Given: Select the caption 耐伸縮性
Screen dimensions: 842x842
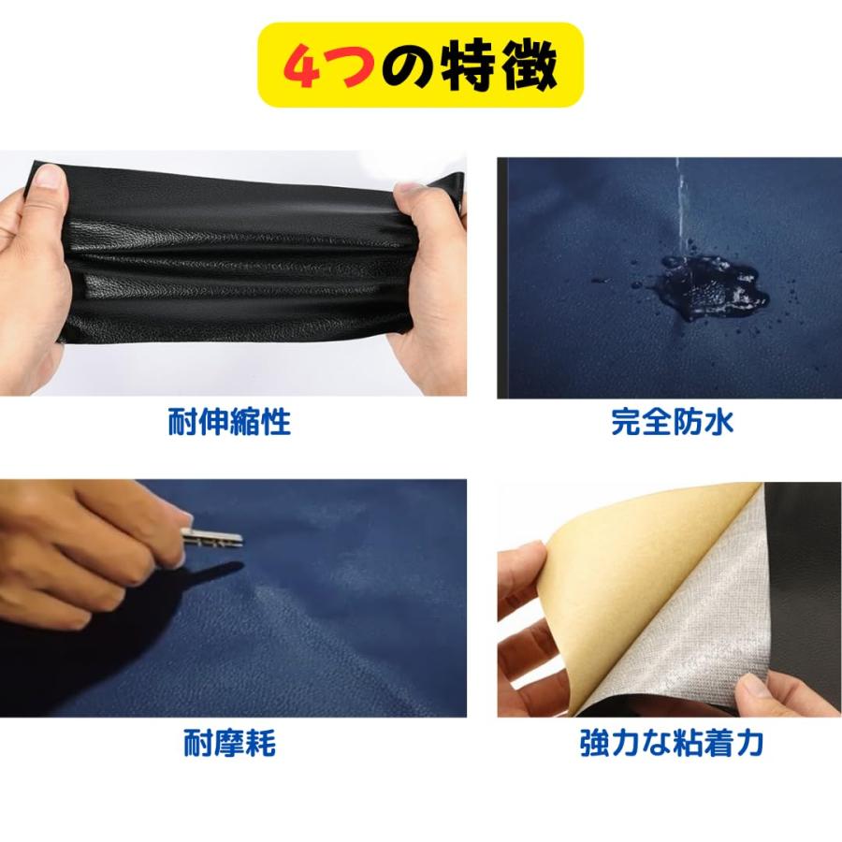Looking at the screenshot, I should coord(229,422).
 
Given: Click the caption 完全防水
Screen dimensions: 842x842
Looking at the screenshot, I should coord(672,422).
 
